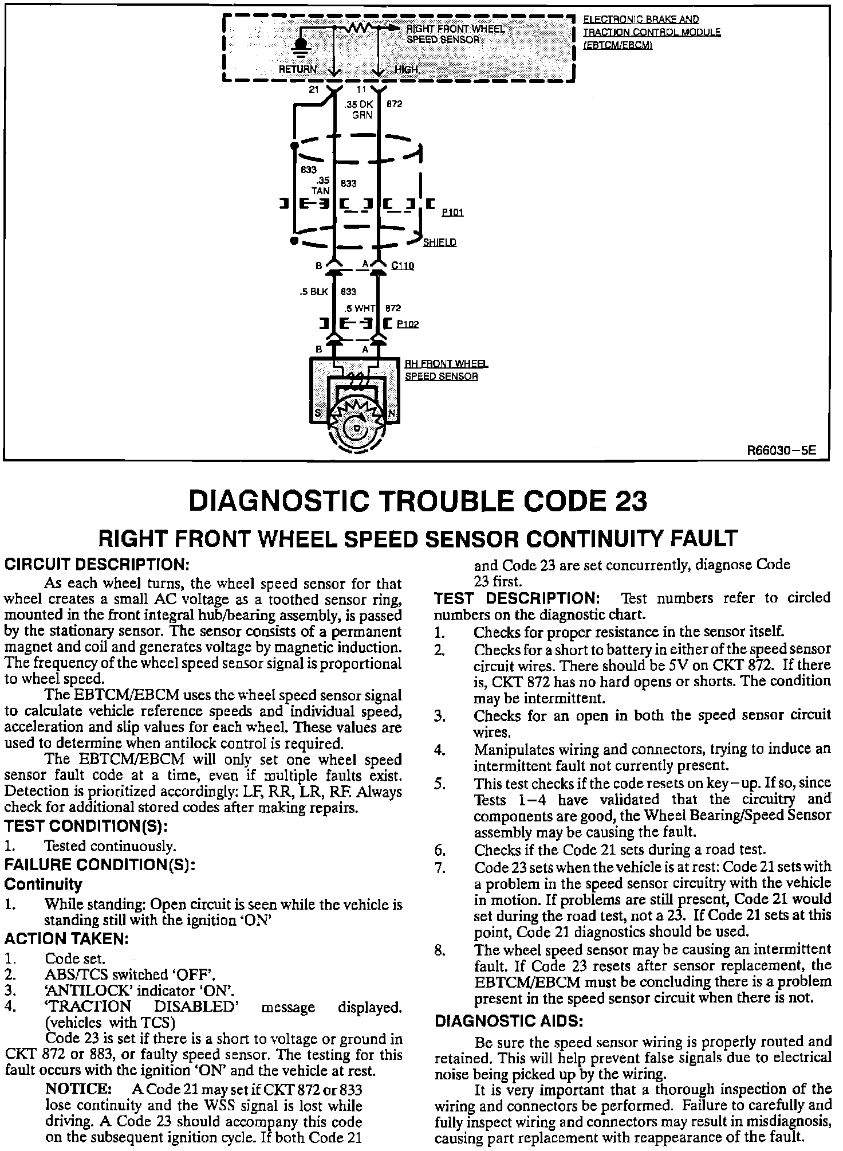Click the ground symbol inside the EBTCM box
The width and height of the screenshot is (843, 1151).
[300, 47]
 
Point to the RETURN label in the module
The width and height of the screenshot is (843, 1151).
[297, 69]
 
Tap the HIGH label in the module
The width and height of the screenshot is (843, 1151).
[406, 69]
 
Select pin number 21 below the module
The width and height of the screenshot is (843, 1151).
[314, 91]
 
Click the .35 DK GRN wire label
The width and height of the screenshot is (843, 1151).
[359, 109]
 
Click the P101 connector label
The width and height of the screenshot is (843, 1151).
[452, 213]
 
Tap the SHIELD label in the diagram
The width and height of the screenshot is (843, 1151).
[439, 242]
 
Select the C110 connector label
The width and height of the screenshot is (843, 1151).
[403, 266]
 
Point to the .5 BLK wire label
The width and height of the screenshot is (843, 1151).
[313, 292]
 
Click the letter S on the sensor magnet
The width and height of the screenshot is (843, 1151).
[318, 413]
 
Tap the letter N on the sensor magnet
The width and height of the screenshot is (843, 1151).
[392, 413]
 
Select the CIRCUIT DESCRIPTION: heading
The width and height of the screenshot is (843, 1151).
[97, 564]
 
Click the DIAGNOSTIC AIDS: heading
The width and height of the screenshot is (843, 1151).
[509, 1021]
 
